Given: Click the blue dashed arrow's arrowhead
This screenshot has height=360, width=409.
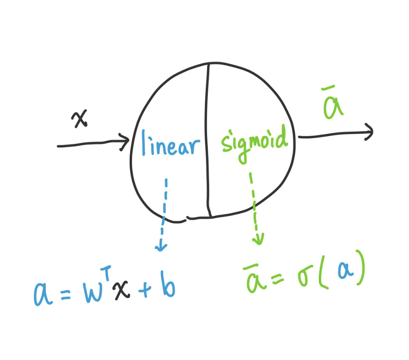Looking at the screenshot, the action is (161, 247).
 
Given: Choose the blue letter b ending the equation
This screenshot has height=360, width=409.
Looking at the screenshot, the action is (167, 287).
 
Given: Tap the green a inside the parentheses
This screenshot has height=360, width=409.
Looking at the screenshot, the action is (344, 274).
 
